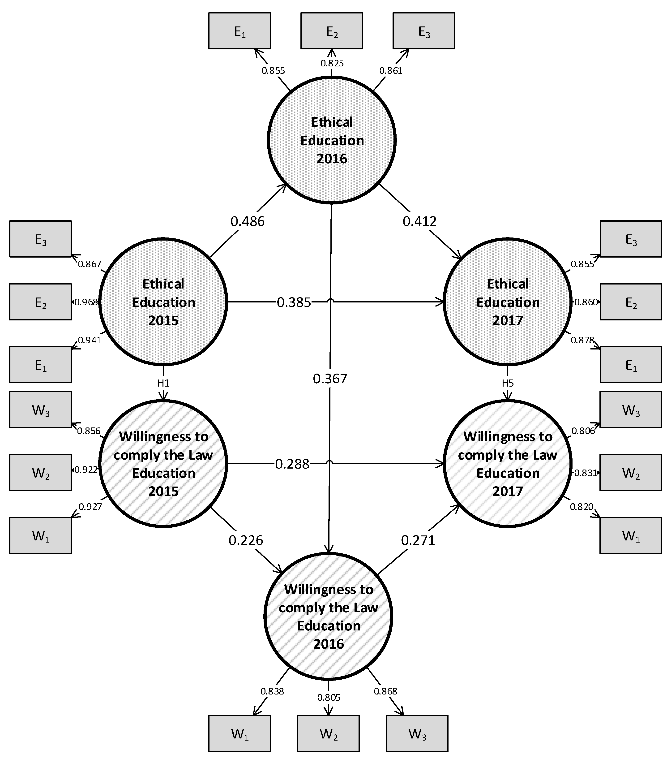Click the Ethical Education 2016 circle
pyautogui.click(x=331, y=140)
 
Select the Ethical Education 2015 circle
pyautogui.click(x=163, y=302)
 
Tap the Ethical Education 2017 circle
pyautogui.click(x=507, y=302)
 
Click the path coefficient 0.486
pyautogui.click(x=247, y=221)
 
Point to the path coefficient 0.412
pyautogui.click(x=419, y=221)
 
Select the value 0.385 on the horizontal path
pyautogui.click(x=294, y=302)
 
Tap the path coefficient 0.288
pyautogui.click(x=292, y=464)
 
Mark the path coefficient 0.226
pyautogui.click(x=246, y=540)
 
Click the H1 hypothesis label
pyautogui.click(x=163, y=383)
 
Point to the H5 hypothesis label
pyautogui.click(x=507, y=383)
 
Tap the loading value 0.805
pyautogui.click(x=329, y=697)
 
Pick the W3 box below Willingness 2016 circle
pyautogui.click(x=417, y=733)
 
